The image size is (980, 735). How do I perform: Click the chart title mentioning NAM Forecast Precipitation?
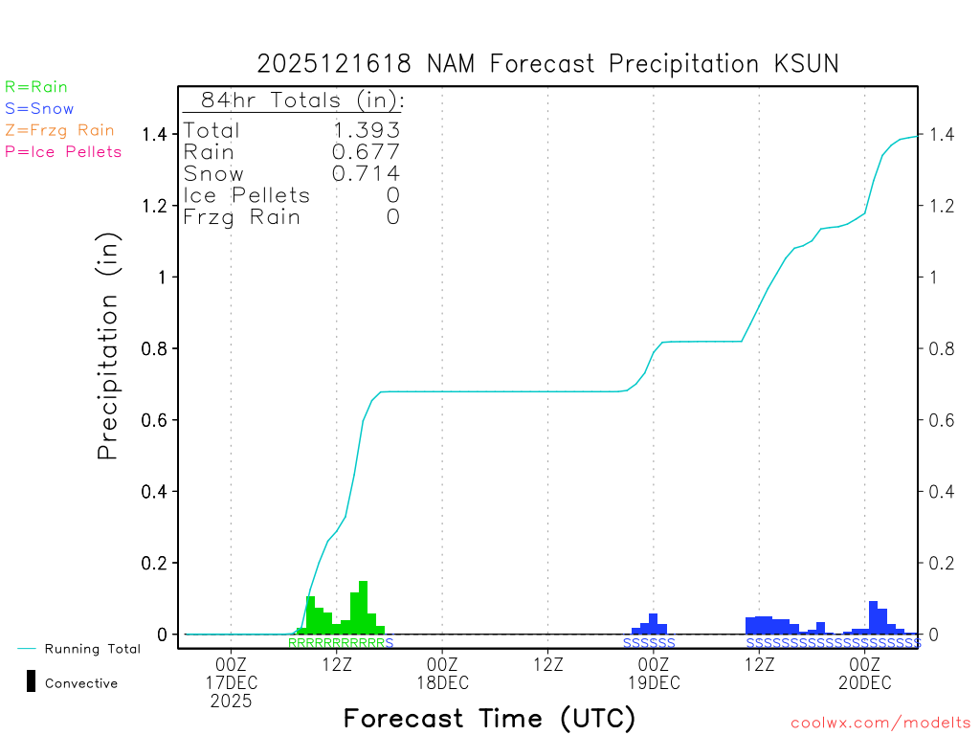pyautogui.click(x=547, y=64)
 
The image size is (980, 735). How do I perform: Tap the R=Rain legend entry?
pyautogui.click(x=36, y=87)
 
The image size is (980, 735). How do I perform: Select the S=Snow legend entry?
pyautogui.click(x=39, y=109)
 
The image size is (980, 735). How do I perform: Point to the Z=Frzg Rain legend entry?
pyautogui.click(x=59, y=130)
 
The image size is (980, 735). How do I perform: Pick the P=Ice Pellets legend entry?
pyautogui.click(x=63, y=151)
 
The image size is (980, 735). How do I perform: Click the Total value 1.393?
pyautogui.click(x=366, y=131)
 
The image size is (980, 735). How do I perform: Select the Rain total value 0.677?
pyautogui.click(x=366, y=152)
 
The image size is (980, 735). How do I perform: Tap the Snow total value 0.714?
pyautogui.click(x=366, y=173)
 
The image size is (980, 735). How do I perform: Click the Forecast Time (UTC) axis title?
pyautogui.click(x=489, y=718)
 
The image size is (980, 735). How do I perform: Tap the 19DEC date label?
pyautogui.click(x=654, y=682)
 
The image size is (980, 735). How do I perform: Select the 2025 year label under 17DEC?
pyautogui.click(x=232, y=702)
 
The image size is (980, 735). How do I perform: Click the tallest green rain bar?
pyautogui.click(x=363, y=607)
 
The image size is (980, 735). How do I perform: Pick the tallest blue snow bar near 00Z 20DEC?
pyautogui.click(x=873, y=616)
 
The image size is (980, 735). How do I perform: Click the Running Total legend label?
pyautogui.click(x=93, y=649)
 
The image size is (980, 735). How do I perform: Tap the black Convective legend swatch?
pyautogui.click(x=32, y=681)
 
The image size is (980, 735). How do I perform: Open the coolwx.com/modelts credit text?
pyautogui.click(x=880, y=723)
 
